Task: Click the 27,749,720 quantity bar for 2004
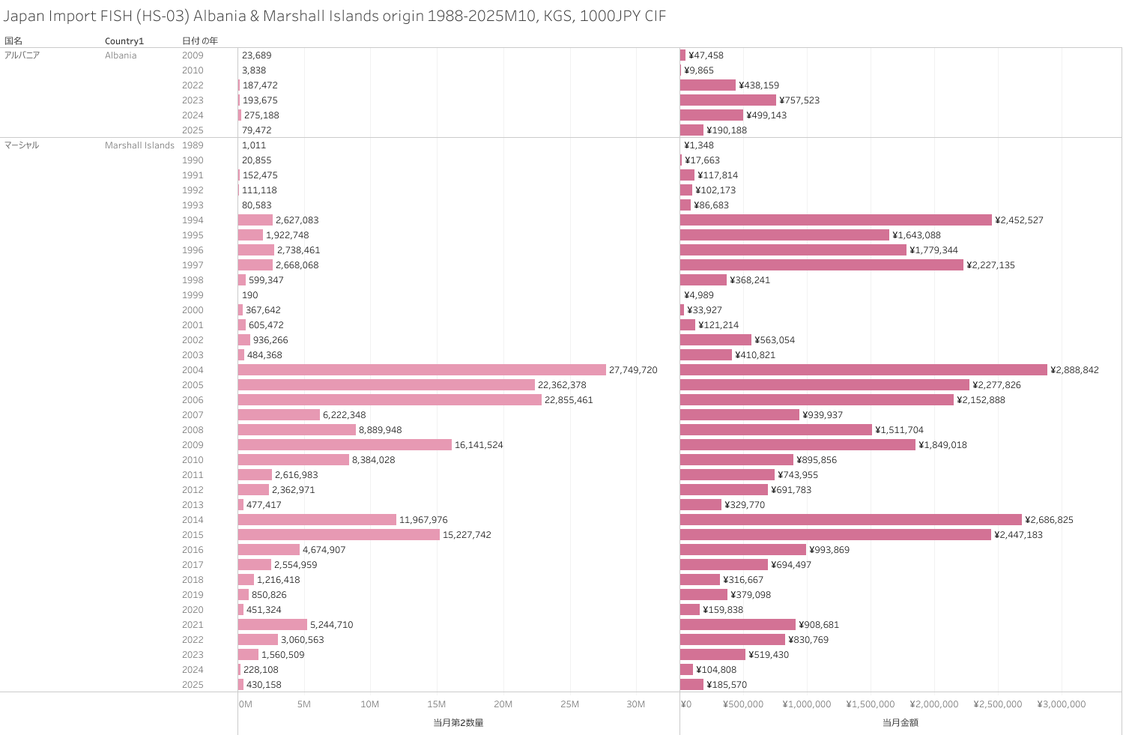point(422,370)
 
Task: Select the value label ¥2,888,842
point(1074,370)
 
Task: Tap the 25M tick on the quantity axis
point(569,704)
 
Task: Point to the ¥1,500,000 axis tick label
point(870,704)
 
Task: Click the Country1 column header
point(124,41)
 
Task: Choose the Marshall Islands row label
point(139,145)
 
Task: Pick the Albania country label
point(121,55)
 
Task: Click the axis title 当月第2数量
point(458,723)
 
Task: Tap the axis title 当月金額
point(900,723)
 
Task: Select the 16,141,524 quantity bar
point(345,445)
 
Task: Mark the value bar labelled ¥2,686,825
point(850,520)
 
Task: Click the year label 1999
point(193,295)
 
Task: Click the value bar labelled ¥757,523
point(727,100)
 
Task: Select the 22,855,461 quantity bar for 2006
point(390,400)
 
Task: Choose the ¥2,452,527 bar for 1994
point(835,220)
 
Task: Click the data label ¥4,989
point(699,295)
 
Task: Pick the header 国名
point(13,41)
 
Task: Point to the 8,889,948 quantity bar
point(297,430)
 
